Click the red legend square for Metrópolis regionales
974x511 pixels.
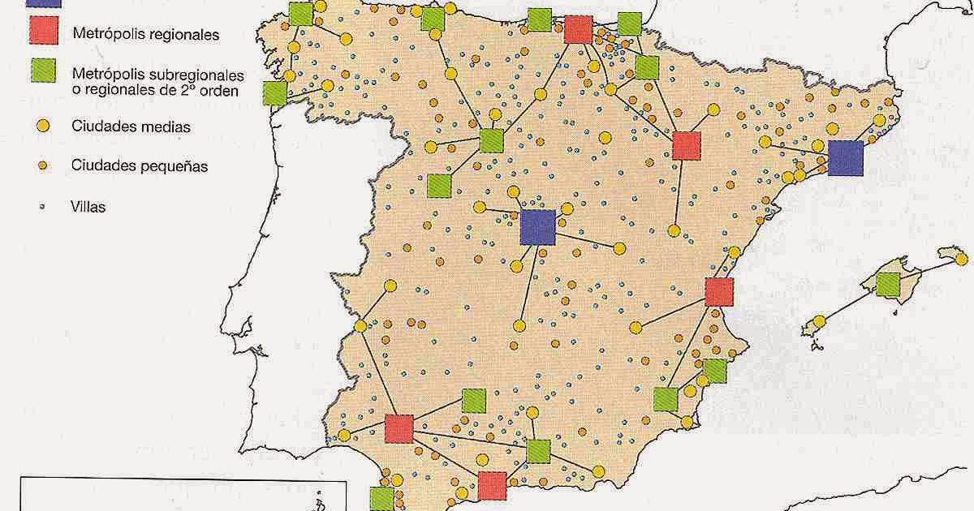pos(41,32)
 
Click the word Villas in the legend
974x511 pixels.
pos(88,207)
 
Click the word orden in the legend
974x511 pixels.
pos(219,91)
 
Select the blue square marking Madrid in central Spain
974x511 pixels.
pos(537,226)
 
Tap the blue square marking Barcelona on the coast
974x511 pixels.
pos(845,157)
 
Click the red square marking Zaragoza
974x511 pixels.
pos(687,145)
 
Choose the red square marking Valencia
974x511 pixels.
pos(719,291)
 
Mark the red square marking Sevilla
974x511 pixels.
pos(399,428)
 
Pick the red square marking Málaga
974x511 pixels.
pos(492,486)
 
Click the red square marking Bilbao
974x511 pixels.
pos(577,28)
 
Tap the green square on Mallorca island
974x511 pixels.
pos(888,284)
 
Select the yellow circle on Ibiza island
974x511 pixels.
pos(819,322)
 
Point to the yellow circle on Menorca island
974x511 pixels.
pos(963,260)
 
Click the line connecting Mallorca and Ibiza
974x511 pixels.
pos(852,303)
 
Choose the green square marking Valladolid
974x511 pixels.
pos(491,140)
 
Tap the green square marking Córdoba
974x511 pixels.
pos(473,401)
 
